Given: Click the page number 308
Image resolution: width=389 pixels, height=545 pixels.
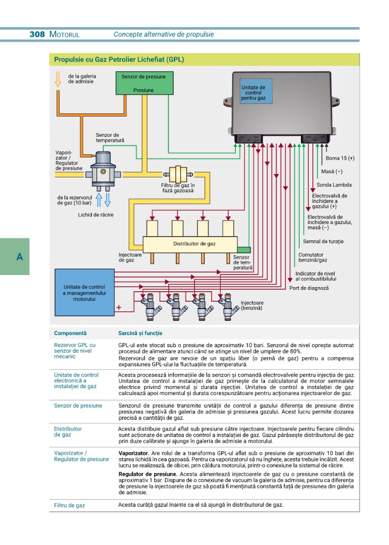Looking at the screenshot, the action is pyautogui.click(x=37, y=34).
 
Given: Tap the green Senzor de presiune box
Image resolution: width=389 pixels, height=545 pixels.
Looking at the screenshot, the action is pyautogui.click(x=144, y=83).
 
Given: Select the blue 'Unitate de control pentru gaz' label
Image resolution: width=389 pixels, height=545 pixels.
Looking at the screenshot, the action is pyautogui.click(x=256, y=91).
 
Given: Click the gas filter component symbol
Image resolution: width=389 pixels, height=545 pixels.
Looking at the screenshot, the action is pyautogui.click(x=178, y=174).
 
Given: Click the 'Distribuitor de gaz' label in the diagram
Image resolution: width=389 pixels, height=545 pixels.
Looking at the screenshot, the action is pyautogui.click(x=194, y=244).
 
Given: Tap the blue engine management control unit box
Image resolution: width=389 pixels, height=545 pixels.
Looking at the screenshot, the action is pyautogui.click(x=85, y=292).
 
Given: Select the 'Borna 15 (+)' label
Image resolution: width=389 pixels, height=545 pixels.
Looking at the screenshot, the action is pyautogui.click(x=340, y=158).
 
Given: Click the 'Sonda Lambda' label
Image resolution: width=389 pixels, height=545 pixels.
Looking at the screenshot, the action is pyautogui.click(x=334, y=185).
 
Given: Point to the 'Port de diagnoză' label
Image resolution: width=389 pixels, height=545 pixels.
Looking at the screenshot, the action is pyautogui.click(x=309, y=288).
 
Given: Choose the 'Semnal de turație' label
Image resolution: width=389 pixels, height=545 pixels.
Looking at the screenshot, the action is pyautogui.click(x=323, y=241).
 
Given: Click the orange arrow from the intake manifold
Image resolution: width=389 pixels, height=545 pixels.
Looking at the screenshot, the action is pyautogui.click(x=58, y=79).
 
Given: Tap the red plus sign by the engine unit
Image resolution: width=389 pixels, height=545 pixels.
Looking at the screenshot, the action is pyautogui.click(x=119, y=307).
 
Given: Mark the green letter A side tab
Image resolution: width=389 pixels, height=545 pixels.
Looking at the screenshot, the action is pyautogui.click(x=15, y=256).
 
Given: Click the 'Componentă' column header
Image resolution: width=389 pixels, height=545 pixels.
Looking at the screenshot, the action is pyautogui.click(x=70, y=333).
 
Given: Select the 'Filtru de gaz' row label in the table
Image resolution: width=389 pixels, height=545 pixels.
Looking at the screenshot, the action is pyautogui.click(x=70, y=505).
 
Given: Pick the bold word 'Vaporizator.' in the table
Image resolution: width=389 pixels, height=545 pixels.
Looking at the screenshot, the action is pyautogui.click(x=134, y=453).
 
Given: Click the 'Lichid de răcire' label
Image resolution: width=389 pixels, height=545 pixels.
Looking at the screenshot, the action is pyautogui.click(x=96, y=215).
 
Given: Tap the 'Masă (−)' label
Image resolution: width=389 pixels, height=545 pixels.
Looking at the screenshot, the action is pyautogui.click(x=332, y=172).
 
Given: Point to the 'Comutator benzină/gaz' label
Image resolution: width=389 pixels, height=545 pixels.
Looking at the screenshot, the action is pyautogui.click(x=312, y=257).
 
